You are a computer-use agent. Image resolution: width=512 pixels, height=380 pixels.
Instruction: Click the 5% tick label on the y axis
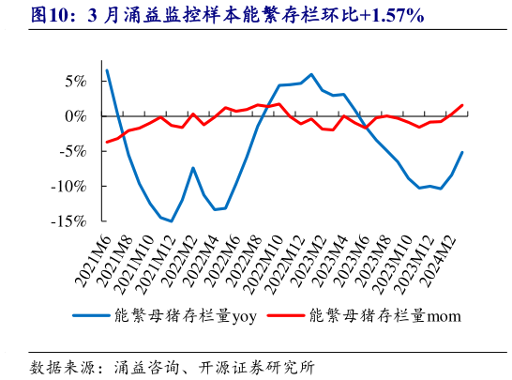click(77, 81)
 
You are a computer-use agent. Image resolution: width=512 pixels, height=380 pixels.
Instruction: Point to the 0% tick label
click(77, 116)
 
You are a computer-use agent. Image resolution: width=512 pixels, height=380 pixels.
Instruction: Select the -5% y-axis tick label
click(74, 151)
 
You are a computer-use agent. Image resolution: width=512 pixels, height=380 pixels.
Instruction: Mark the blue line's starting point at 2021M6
click(107, 70)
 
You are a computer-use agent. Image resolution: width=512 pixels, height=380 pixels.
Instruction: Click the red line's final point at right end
click(462, 105)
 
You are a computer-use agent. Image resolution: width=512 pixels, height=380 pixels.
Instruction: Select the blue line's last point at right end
click(462, 152)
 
